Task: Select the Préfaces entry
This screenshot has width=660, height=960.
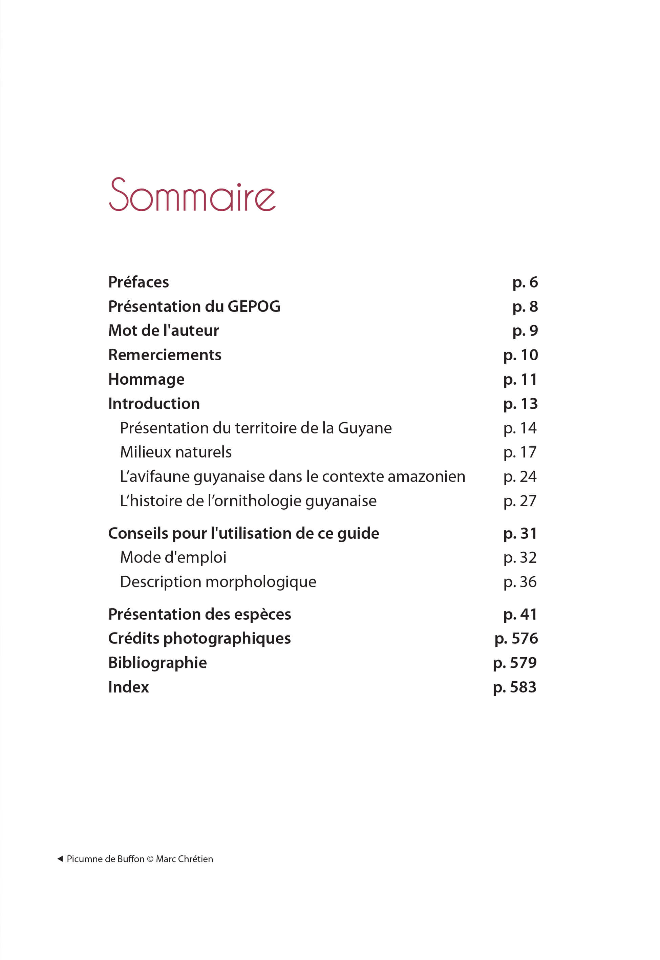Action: click(139, 282)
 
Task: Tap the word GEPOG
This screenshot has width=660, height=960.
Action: click(254, 307)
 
